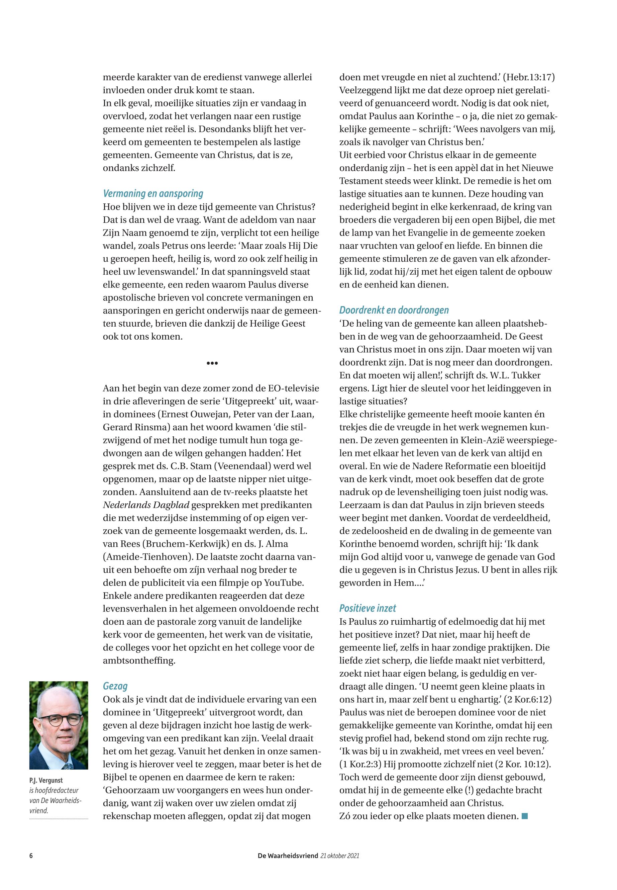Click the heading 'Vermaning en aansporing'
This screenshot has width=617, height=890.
coord(153,194)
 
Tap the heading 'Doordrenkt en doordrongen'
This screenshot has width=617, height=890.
coord(394,310)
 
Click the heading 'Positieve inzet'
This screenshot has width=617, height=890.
coord(367,608)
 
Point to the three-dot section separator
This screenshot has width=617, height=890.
coord(212,363)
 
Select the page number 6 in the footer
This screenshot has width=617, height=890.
coord(31,856)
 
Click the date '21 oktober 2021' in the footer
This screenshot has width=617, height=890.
coord(340,856)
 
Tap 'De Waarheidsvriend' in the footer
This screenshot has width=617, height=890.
coord(288,856)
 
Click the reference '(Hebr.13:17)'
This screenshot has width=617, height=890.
coord(529,77)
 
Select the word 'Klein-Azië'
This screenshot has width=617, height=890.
coord(482,440)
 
